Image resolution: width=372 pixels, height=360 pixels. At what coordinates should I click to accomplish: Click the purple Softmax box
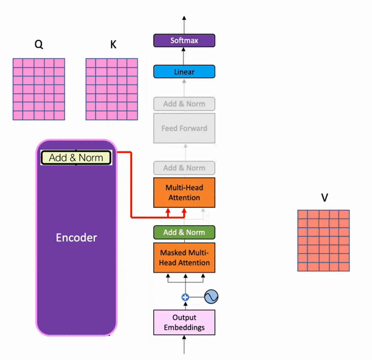coord(184,41)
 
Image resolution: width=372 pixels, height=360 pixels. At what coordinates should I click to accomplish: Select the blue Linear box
coord(184,72)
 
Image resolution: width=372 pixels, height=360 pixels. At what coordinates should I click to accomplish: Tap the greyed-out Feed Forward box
coord(184,128)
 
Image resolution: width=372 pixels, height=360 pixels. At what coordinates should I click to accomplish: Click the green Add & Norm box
coord(184,233)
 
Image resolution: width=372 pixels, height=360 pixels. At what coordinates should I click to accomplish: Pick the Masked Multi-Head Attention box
coord(184,258)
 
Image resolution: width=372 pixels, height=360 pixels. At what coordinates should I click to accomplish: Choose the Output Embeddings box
coord(184,323)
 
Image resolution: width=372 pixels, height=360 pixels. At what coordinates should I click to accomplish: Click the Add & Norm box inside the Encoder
coord(76,158)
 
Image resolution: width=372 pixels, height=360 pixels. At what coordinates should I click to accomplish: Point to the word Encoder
coord(76,238)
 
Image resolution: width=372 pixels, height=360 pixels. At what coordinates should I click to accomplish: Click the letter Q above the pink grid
coord(38,45)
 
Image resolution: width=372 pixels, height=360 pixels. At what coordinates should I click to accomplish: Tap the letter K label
coord(113,45)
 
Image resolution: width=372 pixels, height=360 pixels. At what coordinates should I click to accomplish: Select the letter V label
coord(324,198)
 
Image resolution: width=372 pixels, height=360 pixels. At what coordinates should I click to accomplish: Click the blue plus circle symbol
coord(185,297)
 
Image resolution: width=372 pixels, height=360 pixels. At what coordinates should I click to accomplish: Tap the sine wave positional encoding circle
coord(211,297)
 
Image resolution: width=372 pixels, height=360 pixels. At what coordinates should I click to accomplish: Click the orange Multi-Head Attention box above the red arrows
coord(184,192)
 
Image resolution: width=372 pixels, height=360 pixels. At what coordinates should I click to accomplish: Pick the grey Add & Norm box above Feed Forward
coord(184,104)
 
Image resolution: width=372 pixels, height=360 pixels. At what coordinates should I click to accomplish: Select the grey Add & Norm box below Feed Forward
coord(184,168)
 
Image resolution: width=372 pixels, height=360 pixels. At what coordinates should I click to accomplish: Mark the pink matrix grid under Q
coord(38,89)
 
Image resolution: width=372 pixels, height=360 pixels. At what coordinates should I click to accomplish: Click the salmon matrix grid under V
coord(323,240)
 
